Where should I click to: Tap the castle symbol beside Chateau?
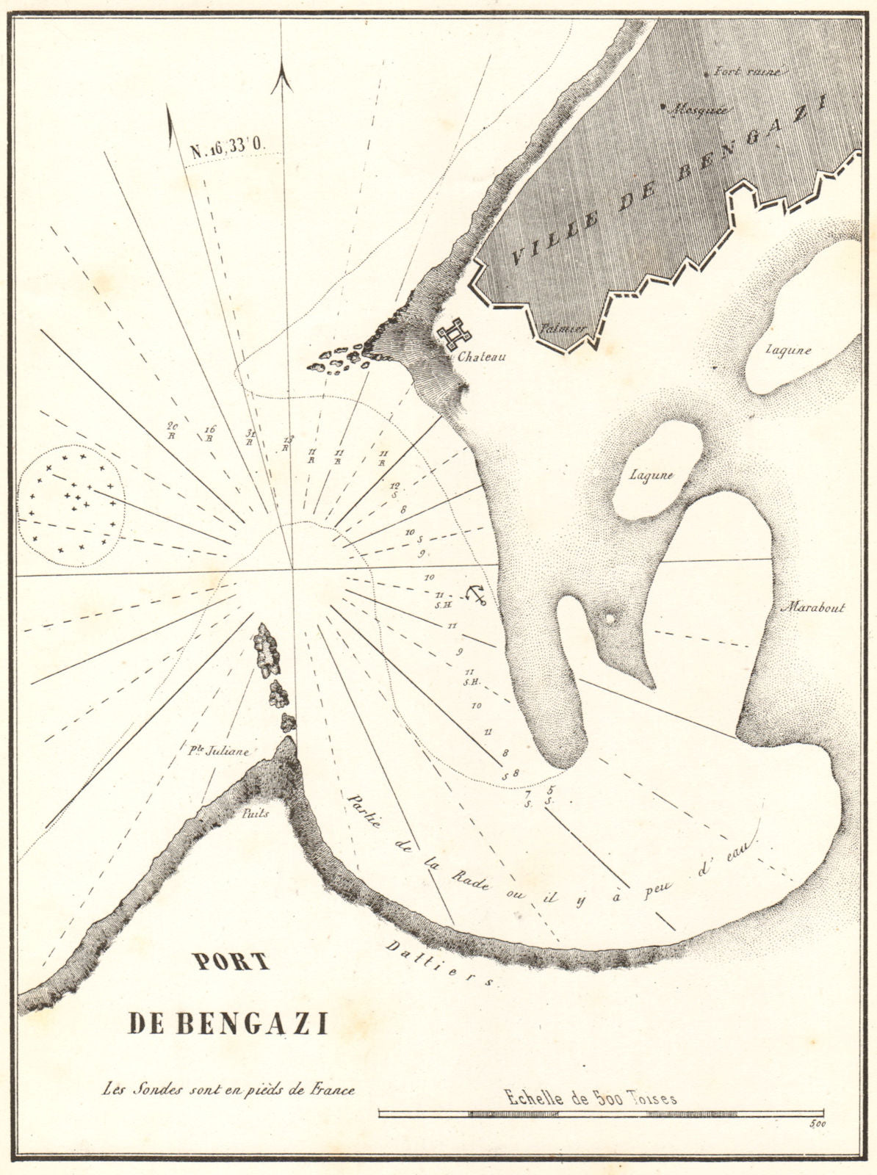pos(455,335)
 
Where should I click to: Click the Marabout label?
pos(814,607)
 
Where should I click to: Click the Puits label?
pos(256,813)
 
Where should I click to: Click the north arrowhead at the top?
pos(282,80)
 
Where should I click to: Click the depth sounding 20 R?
pos(172,430)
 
